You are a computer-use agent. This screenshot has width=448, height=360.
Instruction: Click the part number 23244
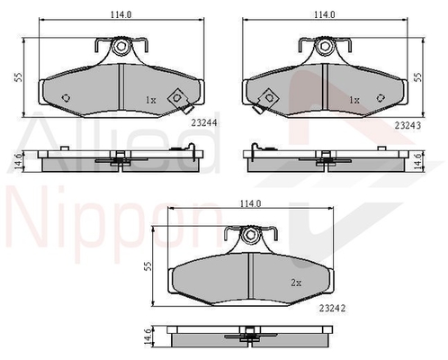pos(203,123)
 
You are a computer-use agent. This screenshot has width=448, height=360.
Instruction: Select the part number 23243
pos(408,125)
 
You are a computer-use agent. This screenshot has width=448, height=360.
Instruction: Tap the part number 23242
pos(332,308)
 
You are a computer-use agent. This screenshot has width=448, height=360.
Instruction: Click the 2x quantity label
pos(296,283)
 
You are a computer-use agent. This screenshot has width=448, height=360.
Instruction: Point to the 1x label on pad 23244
pos(151,100)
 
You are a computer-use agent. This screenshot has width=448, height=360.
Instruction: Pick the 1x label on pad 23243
pos(354,100)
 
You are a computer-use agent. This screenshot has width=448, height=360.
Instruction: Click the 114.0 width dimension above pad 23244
pos(121,14)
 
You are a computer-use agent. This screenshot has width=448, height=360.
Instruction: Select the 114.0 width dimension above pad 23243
pos(325,14)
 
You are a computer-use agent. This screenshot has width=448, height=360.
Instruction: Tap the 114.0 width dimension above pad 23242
pos(251,203)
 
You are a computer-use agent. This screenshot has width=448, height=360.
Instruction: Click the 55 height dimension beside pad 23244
pos(19,77)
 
